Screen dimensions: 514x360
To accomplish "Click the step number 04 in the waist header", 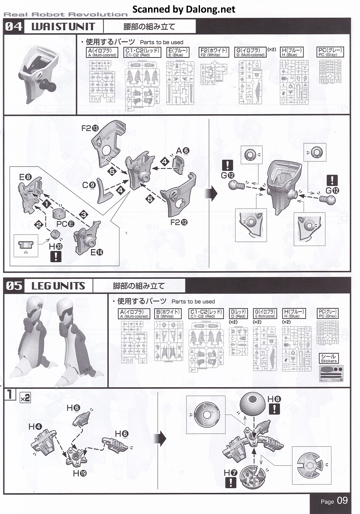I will [x=14, y=27].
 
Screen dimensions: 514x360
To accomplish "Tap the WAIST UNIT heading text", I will [x=63, y=27].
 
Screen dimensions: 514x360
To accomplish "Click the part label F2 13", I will [x=90, y=128].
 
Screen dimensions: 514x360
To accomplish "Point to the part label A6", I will [x=183, y=151].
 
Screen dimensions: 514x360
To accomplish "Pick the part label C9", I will [x=89, y=185].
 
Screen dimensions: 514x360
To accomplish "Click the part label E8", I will [x=25, y=177].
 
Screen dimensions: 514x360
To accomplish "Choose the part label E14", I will [x=97, y=252].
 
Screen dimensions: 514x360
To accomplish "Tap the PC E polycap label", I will [x=65, y=224].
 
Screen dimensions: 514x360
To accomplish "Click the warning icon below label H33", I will [x=56, y=256].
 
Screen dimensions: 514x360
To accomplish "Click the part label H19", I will [x=79, y=473].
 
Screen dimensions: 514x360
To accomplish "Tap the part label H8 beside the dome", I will [x=274, y=399].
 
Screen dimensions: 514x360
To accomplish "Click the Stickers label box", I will [x=329, y=359].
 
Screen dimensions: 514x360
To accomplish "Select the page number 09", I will [x=342, y=501].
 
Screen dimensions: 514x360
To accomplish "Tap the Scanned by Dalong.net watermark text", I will [x=184, y=9].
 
